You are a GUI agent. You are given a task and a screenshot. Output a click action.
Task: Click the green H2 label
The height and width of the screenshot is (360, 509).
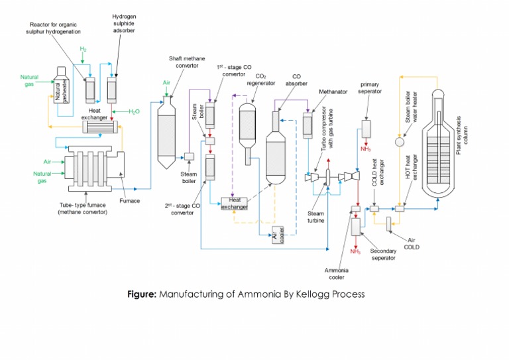84,50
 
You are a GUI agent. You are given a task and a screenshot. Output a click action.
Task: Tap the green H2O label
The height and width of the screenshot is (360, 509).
134,111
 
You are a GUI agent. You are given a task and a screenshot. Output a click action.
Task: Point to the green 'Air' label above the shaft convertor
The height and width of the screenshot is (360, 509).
167,83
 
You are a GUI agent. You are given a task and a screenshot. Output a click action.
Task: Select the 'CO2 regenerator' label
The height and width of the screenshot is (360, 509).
261,80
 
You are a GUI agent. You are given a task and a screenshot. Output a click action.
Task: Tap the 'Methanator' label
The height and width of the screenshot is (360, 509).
333,91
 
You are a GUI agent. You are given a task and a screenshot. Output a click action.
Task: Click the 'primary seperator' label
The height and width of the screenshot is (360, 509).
368,88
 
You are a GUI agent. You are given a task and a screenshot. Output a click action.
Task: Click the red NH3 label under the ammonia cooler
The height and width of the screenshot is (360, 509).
355,251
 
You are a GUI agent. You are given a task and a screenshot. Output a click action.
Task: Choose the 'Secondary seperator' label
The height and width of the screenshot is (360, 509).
383,255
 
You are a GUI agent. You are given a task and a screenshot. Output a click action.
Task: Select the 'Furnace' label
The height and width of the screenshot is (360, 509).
130,201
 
